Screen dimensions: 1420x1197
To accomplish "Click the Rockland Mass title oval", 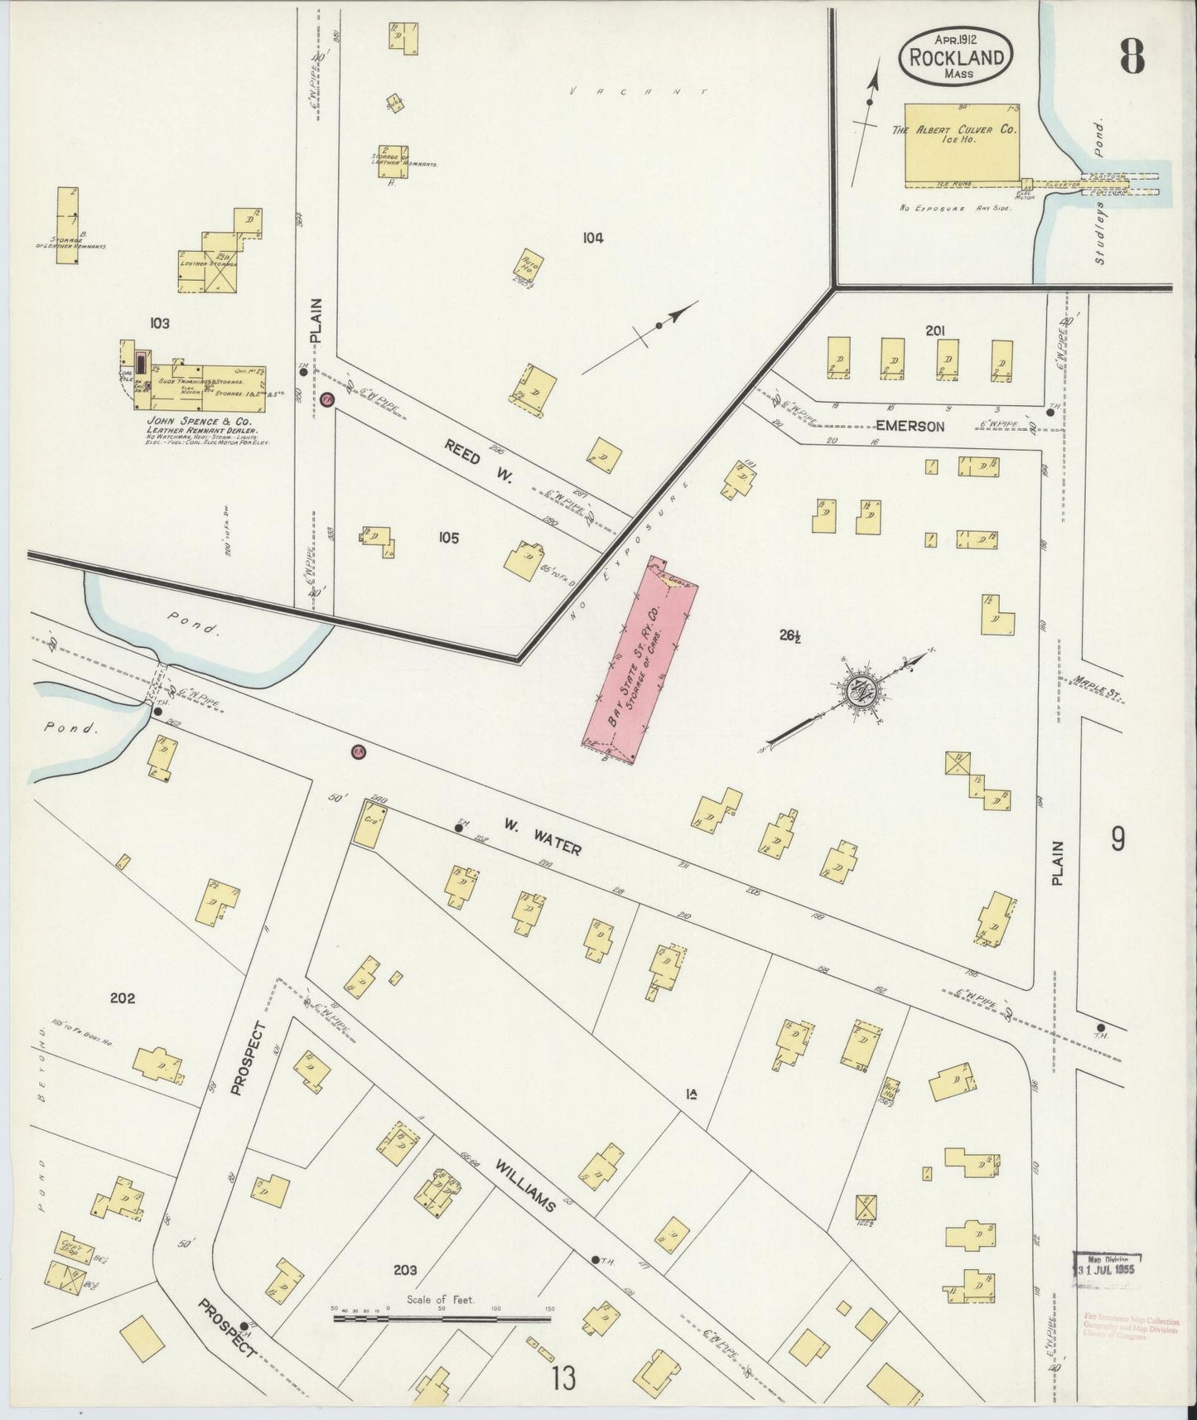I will [x=958, y=55].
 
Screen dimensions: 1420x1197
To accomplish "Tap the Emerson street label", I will [x=910, y=427].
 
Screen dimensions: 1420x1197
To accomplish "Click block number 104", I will [x=592, y=239].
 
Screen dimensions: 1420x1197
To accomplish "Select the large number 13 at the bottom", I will [x=563, y=1379].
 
